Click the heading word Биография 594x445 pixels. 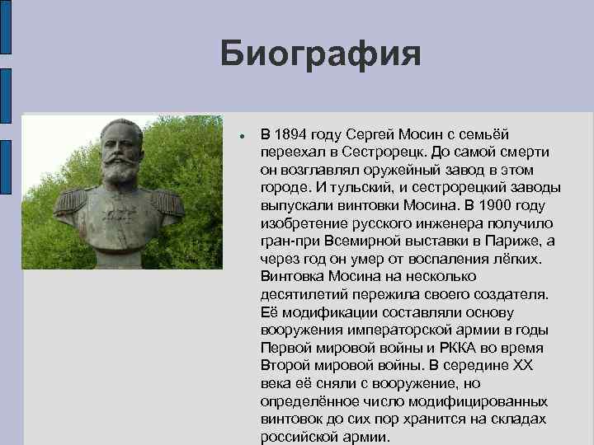click(320, 54)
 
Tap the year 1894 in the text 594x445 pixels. click(291, 134)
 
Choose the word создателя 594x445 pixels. click(506, 294)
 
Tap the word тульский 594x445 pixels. click(329, 188)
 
